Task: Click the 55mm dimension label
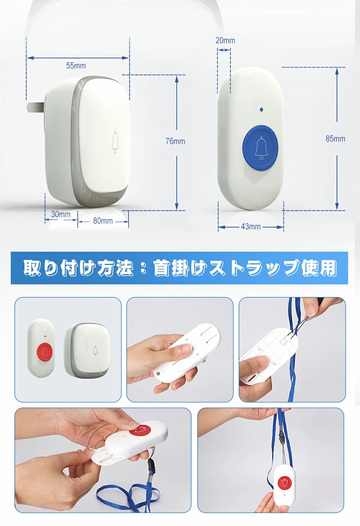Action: point(76,66)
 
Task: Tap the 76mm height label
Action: point(175,141)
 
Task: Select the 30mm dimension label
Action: point(61,214)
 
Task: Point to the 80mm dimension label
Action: point(103,221)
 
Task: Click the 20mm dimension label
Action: point(225,40)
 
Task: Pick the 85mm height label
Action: point(336,139)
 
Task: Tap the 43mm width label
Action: point(251,226)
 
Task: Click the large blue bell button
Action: point(260,148)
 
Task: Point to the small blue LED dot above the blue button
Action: point(262,109)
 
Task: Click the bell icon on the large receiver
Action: point(115,141)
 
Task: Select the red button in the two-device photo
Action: point(45,352)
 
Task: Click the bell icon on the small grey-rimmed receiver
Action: point(95,351)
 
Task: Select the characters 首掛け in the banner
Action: point(180,268)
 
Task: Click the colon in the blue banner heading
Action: point(143,268)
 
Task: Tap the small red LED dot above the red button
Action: point(45,336)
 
